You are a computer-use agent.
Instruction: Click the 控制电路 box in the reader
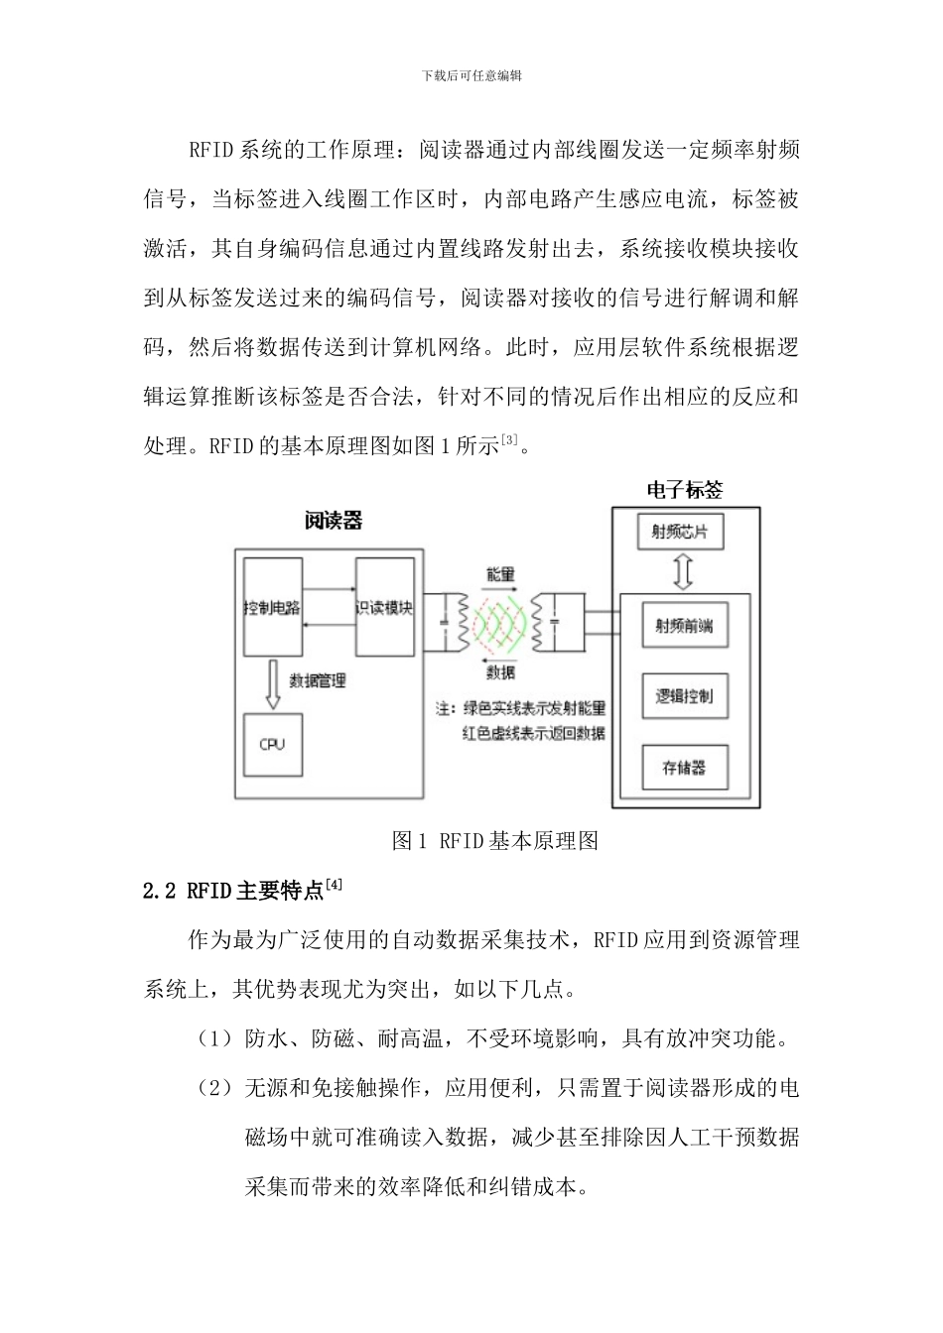(273, 607)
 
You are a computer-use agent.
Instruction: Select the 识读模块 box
(385, 607)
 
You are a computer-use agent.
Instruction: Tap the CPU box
(273, 744)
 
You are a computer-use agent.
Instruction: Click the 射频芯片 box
(680, 532)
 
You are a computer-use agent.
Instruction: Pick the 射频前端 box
(684, 626)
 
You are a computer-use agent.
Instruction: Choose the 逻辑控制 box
(684, 696)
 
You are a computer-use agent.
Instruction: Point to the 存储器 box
(684, 767)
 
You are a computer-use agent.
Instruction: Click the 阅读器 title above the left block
(334, 521)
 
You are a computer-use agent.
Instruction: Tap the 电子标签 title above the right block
(685, 489)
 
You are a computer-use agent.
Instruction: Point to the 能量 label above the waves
(501, 574)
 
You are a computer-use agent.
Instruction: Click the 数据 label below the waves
(501, 672)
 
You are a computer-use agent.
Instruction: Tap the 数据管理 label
(318, 680)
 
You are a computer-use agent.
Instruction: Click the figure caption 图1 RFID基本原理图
(495, 841)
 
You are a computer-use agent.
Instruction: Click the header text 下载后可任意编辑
(471, 75)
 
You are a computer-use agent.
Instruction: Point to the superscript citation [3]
(510, 439)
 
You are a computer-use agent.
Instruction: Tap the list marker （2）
(217, 1088)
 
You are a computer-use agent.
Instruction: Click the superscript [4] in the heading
(335, 884)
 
